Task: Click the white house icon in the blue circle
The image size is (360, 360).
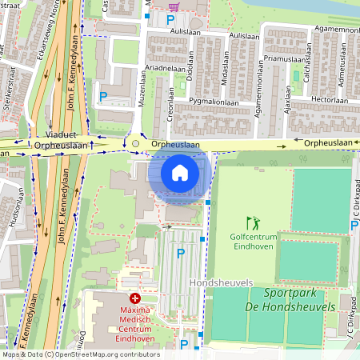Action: point(180,172)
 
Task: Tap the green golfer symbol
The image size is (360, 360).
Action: point(253,223)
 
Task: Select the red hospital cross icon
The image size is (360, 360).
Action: point(134,298)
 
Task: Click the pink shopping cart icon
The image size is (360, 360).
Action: point(174,6)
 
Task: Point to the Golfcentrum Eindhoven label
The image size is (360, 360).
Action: point(253,242)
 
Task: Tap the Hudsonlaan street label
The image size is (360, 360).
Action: point(14,210)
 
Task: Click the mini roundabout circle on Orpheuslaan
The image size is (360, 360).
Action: point(135,145)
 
